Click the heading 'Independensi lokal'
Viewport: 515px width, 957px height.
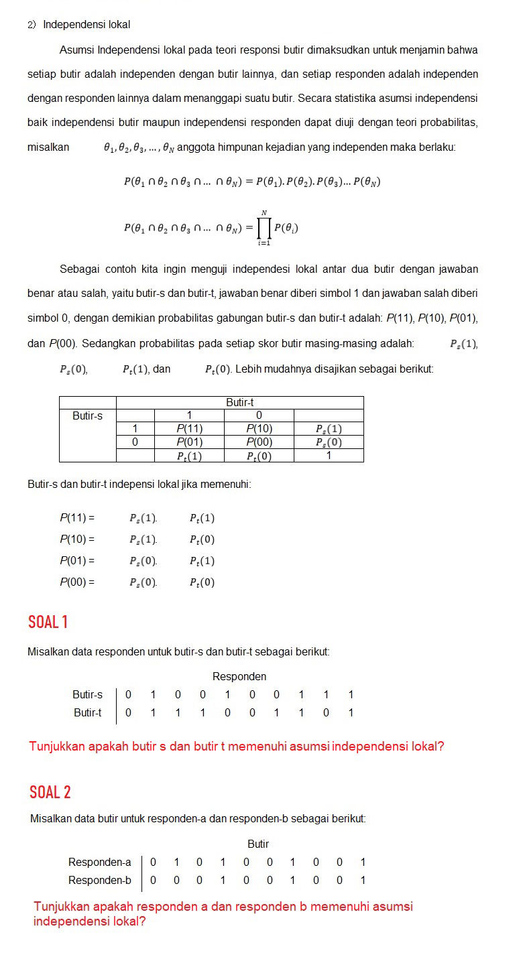[87, 25]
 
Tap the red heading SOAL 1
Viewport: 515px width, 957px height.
[48, 622]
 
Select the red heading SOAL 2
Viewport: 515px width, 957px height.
[50, 792]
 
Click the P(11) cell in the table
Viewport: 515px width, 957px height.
[189, 429]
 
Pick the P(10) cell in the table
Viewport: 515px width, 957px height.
[259, 429]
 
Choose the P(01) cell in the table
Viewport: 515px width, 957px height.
[189, 442]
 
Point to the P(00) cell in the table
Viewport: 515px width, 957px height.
[259, 442]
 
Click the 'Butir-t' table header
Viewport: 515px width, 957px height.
[239, 402]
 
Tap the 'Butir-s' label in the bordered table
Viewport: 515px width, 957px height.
[88, 416]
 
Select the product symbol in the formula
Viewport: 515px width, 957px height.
[264, 228]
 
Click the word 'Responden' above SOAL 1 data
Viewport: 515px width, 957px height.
[239, 676]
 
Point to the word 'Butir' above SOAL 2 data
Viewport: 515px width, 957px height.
[258, 844]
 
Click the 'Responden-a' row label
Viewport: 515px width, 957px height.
[100, 862]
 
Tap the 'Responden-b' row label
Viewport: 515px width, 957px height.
[100, 880]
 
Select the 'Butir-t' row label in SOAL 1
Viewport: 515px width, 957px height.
[88, 712]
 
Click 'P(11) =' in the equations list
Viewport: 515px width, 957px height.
[77, 518]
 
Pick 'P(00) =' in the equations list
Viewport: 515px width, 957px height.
[77, 582]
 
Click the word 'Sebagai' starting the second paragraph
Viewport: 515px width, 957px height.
[78, 269]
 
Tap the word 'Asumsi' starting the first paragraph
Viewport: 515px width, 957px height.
[76, 50]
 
